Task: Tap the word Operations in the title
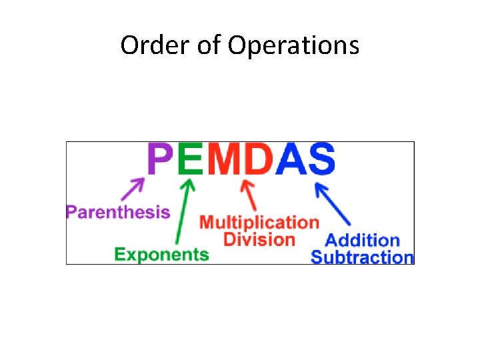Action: click(293, 46)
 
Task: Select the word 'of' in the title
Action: click(209, 45)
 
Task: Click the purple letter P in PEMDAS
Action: click(161, 160)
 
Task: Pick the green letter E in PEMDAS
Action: click(191, 160)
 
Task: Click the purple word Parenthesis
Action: click(118, 213)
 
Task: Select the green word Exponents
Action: click(161, 254)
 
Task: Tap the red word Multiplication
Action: click(259, 222)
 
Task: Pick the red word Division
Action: click(259, 239)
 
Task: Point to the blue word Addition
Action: click(362, 240)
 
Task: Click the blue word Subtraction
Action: click(363, 257)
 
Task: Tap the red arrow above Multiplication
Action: click(251, 195)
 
